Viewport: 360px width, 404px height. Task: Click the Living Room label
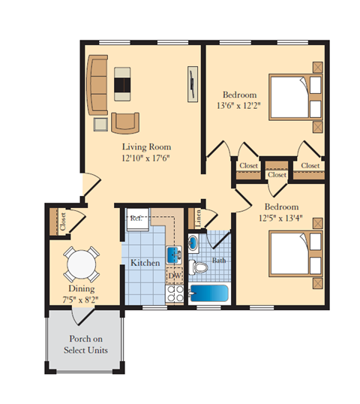(x=147, y=146)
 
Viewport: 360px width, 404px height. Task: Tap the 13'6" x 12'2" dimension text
(x=240, y=106)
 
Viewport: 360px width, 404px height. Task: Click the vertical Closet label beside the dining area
(x=63, y=222)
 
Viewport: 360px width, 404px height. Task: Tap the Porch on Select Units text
(x=86, y=345)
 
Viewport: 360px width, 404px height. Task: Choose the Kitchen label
(x=144, y=264)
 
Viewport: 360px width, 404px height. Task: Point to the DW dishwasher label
(x=174, y=276)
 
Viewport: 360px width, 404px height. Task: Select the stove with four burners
(x=174, y=295)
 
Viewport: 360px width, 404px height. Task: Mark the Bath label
(x=219, y=261)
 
